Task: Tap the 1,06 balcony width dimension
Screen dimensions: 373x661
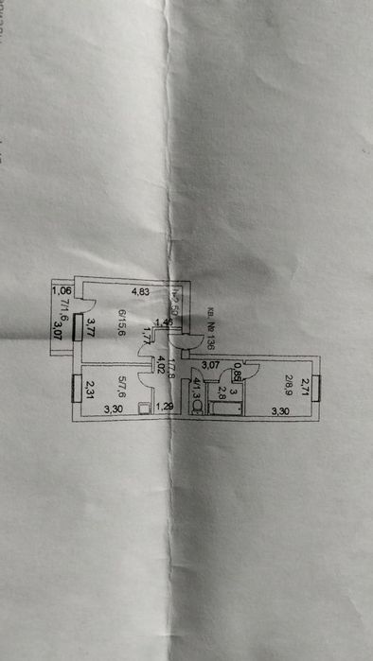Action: click(x=62, y=291)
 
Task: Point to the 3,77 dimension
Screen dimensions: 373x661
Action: click(x=91, y=328)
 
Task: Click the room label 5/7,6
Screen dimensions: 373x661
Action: click(x=122, y=386)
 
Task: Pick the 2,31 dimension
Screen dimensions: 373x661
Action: click(x=89, y=388)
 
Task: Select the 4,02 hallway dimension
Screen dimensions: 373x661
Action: click(x=161, y=363)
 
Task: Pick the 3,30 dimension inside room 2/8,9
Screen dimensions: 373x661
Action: click(x=280, y=410)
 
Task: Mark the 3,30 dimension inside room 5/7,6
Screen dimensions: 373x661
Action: click(x=113, y=409)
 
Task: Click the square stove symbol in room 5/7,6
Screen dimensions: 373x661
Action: click(x=143, y=409)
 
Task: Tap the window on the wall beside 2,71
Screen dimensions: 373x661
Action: click(x=320, y=388)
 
